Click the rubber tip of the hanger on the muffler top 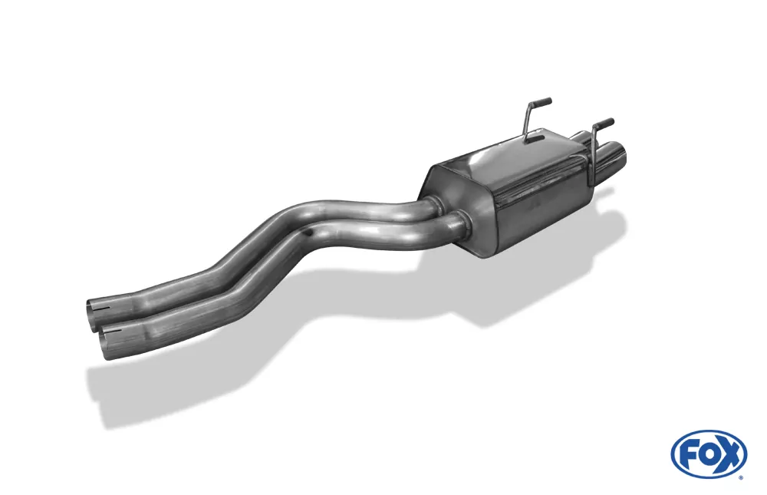click(x=544, y=101)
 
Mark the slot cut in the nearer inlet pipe click(x=117, y=332)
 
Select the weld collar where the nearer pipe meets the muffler click(x=462, y=223)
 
